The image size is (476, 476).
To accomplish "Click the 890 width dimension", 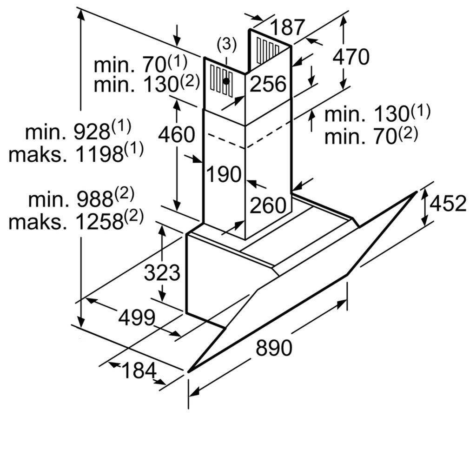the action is [273, 348].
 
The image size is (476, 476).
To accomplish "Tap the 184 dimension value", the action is [139, 370].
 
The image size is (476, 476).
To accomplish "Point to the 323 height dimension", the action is [162, 272].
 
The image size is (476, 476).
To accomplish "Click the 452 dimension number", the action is [448, 203].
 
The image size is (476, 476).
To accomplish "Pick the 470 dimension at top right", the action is [351, 56].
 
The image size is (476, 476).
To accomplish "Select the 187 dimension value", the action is [287, 26].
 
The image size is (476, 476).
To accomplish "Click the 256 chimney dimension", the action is [268, 84].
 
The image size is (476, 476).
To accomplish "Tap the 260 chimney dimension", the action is [268, 205].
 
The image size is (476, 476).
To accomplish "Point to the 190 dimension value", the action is [224, 174].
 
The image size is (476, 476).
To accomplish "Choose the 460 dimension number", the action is [176, 134].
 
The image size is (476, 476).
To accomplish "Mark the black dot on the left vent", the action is [226, 81].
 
